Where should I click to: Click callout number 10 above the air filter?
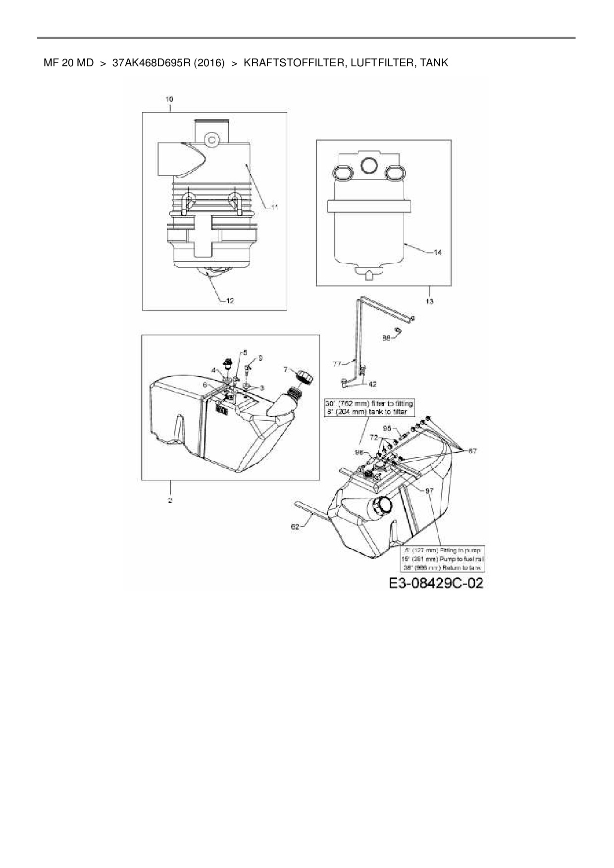click(170, 99)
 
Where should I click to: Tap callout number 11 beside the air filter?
click(274, 208)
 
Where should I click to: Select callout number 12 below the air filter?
click(230, 300)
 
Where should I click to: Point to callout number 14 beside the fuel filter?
click(437, 252)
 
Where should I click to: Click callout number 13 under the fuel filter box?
click(429, 301)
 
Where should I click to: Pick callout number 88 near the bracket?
click(386, 338)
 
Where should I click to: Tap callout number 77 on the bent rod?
click(337, 364)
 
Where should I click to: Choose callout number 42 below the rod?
click(372, 384)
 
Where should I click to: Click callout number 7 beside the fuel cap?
click(286, 369)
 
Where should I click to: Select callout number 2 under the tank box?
click(170, 500)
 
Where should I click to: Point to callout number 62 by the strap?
click(295, 527)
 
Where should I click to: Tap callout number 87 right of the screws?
click(472, 451)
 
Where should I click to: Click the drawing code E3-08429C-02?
click(436, 583)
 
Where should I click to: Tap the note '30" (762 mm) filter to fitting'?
click(369, 403)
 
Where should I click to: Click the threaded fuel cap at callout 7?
click(305, 376)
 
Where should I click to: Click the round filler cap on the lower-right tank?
click(382, 506)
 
